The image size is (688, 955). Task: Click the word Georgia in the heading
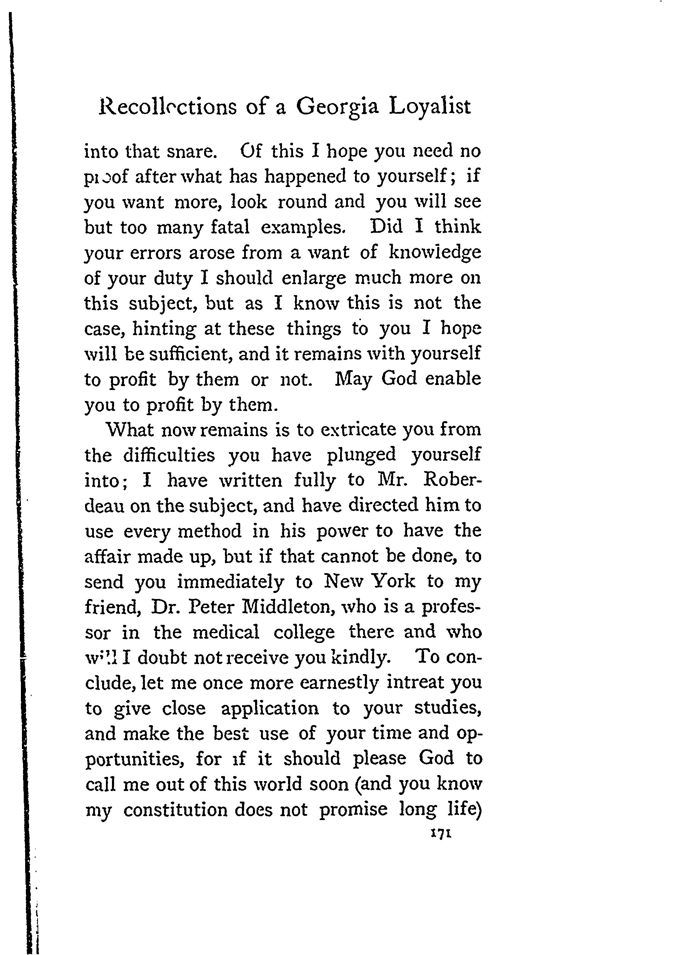click(337, 107)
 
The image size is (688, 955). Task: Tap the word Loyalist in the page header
click(429, 107)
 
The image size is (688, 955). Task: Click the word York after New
click(395, 582)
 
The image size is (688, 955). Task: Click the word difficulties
click(169, 455)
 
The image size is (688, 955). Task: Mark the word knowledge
click(435, 253)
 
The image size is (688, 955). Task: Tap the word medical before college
click(226, 632)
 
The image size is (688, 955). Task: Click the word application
click(270, 708)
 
